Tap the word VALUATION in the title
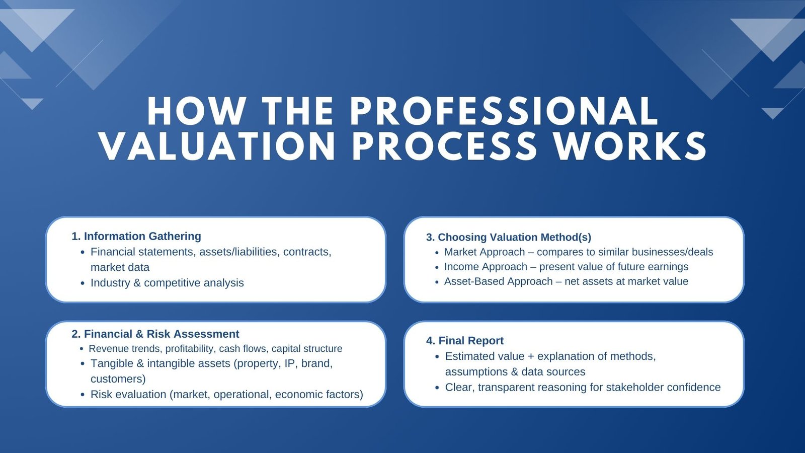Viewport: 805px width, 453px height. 218,146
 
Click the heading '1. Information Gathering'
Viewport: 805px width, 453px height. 136,236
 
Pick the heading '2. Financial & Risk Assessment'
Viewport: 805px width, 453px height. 155,334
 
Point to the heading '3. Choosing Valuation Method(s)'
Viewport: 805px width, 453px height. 509,237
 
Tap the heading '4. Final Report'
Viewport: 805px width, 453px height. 465,340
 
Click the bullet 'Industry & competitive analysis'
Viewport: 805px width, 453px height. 167,283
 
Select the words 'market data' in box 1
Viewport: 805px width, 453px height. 120,267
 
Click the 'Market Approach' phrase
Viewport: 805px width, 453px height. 485,252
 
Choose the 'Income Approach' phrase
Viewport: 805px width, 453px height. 486,267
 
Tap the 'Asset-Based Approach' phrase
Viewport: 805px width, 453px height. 499,281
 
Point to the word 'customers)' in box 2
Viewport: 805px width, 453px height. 118,379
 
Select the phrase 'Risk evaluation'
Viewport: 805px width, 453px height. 128,395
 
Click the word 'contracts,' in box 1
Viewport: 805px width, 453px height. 307,252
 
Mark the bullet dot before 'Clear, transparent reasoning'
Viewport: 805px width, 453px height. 437,388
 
